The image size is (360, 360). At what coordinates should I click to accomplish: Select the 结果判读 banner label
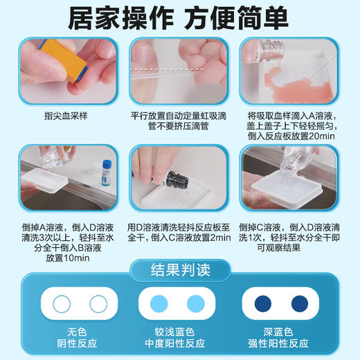pyautogui.click(x=180, y=269)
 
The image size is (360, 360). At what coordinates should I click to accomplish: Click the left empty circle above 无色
pyautogui.click(x=53, y=303)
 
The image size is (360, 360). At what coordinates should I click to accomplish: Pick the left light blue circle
pyautogui.click(x=158, y=303)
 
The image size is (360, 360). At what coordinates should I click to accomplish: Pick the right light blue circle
pyautogui.click(x=201, y=303)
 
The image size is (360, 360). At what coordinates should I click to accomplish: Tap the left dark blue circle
pyautogui.click(x=262, y=303)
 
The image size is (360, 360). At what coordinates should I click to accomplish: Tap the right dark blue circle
pyautogui.click(x=305, y=303)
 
